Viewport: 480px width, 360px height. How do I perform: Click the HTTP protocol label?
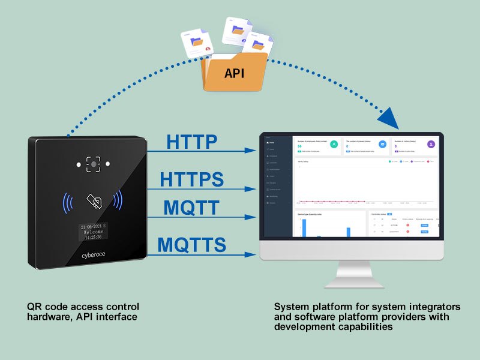pyautogui.click(x=191, y=142)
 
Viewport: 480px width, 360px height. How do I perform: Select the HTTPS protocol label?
pyautogui.click(x=191, y=179)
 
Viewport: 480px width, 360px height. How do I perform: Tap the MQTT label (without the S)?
pyautogui.click(x=191, y=208)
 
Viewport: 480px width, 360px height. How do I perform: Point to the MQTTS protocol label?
pyautogui.click(x=191, y=245)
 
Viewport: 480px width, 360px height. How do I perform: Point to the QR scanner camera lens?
pyautogui.click(x=94, y=164)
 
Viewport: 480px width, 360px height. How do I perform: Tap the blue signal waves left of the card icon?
pyautogui.click(x=68, y=200)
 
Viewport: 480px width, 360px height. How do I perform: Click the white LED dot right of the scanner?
pyautogui.click(x=108, y=164)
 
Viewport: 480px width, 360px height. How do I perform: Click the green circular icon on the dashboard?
pyautogui.click(x=334, y=144)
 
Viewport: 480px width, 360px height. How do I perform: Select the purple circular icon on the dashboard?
pyautogui.click(x=431, y=144)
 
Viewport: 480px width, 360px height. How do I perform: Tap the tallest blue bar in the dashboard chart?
pyautogui.click(x=304, y=228)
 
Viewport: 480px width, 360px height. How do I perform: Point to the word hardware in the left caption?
pyautogui.click(x=50, y=316)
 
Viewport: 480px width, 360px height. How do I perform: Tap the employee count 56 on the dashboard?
pyautogui.click(x=300, y=146)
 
